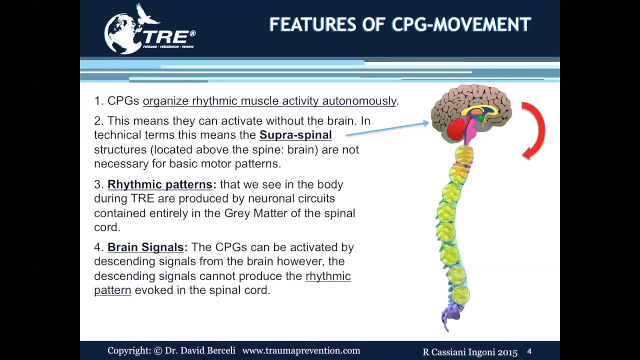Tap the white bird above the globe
coord(146,14)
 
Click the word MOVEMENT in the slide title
coord(482,24)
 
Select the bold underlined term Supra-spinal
coord(295,135)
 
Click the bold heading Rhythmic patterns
coord(160,184)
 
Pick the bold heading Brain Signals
coord(145,247)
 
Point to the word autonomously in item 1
coord(359,101)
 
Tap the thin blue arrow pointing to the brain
coord(387,129)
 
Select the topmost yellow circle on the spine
coord(464,155)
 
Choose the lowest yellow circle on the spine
coord(460,294)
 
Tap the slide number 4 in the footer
coord(529,351)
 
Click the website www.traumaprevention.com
coord(301,350)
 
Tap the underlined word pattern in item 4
coord(112,290)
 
